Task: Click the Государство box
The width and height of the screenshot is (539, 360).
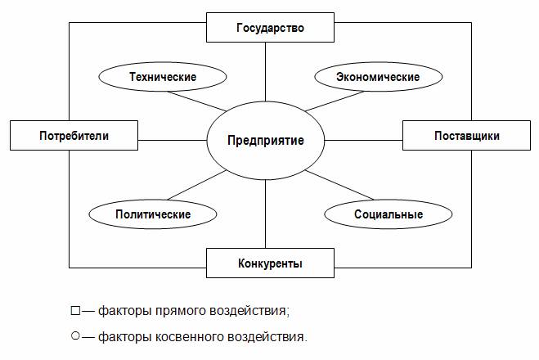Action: point(270,28)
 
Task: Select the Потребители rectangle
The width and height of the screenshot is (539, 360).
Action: point(74,136)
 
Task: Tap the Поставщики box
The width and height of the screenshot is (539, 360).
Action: point(466,136)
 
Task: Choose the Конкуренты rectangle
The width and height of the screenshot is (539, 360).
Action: point(270,263)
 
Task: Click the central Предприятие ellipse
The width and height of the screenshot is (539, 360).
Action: point(265,140)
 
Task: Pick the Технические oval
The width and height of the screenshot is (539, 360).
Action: point(163,77)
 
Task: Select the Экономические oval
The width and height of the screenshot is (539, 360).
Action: point(379,77)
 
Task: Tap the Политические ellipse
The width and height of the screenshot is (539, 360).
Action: point(153,214)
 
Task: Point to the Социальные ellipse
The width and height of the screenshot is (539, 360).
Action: point(389,214)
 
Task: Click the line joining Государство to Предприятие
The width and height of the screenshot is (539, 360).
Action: point(265,72)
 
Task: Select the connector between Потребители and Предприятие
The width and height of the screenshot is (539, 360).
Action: point(173,140)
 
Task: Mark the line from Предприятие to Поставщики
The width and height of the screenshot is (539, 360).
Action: point(363,140)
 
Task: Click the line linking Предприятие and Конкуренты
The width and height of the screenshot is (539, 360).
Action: point(265,214)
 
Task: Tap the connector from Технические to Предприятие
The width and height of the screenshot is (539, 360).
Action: point(197,101)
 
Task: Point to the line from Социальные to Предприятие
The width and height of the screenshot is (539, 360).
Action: point(339,185)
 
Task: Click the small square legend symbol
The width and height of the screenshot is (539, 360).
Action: point(75,311)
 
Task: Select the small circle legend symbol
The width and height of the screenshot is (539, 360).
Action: point(75,335)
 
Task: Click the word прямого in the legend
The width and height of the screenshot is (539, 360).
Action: point(181,311)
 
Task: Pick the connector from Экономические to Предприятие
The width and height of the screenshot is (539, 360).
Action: point(335,101)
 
